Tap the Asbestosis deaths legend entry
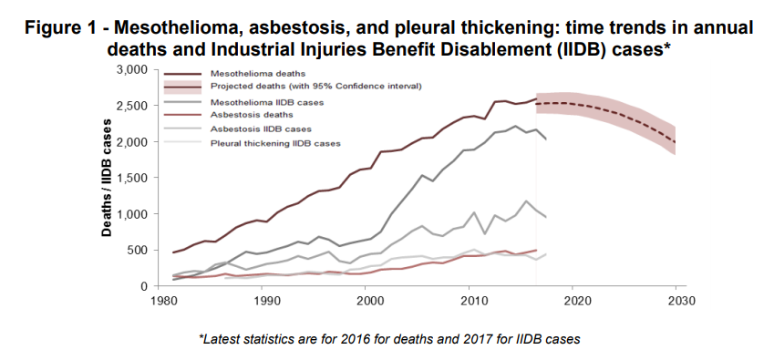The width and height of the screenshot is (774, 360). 252,116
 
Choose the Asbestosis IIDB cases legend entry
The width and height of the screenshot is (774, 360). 259,129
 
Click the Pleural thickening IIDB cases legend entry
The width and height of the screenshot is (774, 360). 274,143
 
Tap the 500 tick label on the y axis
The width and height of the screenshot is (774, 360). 137,251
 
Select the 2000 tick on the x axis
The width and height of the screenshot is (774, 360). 367,299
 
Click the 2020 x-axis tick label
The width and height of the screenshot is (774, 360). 573,299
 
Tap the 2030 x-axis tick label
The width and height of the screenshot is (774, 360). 676,299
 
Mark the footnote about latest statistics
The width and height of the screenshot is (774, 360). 389,339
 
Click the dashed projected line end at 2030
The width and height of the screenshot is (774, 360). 676,141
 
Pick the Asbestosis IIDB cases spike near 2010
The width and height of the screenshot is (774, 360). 474,212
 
